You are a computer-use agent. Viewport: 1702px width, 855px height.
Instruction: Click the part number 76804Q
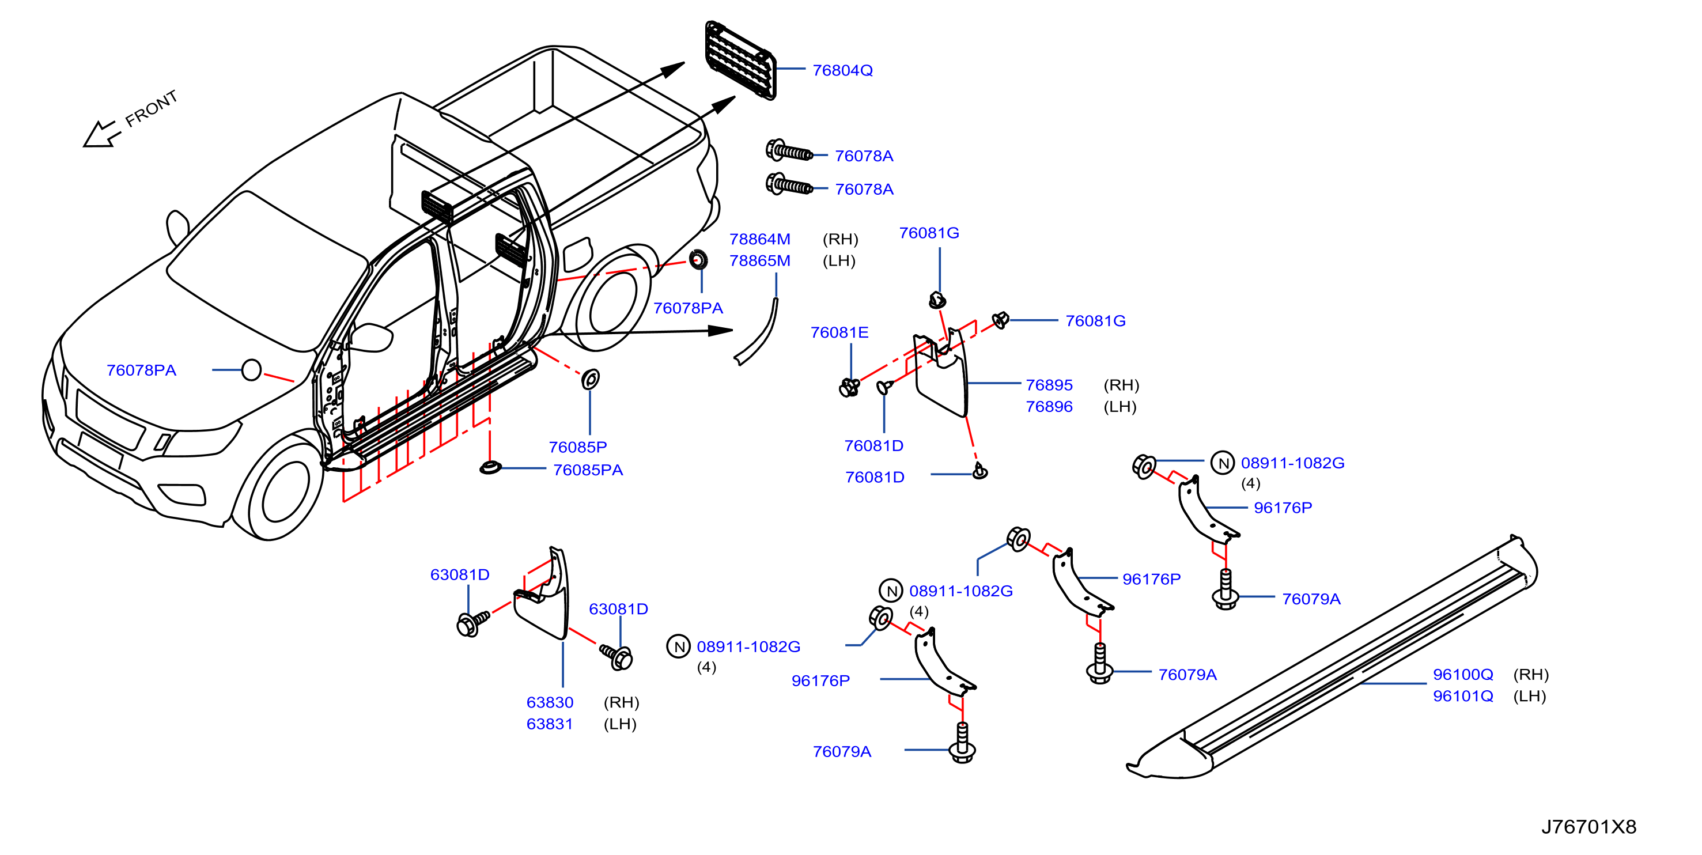coord(842,70)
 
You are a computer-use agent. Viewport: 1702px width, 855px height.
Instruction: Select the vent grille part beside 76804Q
coord(740,60)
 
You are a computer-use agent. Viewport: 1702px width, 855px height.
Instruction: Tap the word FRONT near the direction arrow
coord(152,108)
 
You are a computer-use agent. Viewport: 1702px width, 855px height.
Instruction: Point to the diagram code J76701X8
coord(1589,827)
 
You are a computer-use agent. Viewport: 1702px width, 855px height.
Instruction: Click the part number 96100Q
coord(1463,674)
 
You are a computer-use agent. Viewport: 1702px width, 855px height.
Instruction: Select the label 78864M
coord(760,239)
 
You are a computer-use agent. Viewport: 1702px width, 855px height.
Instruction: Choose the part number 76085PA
coord(588,470)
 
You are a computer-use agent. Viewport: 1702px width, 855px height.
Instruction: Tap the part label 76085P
coord(577,447)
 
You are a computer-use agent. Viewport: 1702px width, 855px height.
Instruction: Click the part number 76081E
coord(839,332)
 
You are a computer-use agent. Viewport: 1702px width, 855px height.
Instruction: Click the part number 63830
coord(550,702)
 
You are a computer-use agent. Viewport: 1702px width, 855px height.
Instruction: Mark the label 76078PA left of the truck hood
coord(141,370)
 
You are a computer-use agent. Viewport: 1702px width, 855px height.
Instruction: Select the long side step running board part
coord(1332,657)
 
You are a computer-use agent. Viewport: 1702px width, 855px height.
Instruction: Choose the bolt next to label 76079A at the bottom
coord(962,743)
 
